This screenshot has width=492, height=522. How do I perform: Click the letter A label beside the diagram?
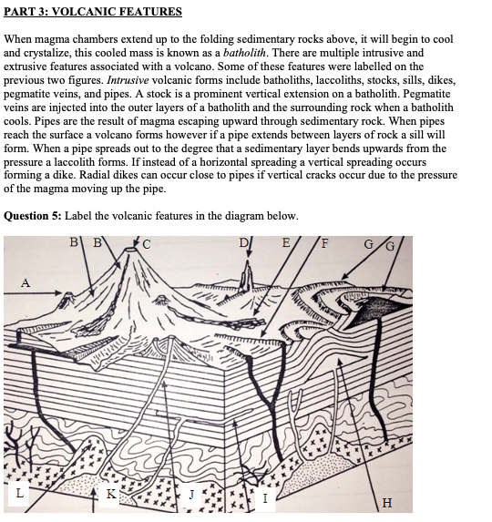(24, 283)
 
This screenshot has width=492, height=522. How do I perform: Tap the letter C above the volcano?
(148, 243)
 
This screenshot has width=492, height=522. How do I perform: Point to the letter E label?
(288, 242)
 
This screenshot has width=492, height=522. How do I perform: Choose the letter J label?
(191, 495)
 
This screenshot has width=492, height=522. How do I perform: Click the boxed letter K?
(110, 494)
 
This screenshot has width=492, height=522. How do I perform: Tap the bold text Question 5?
(34, 216)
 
